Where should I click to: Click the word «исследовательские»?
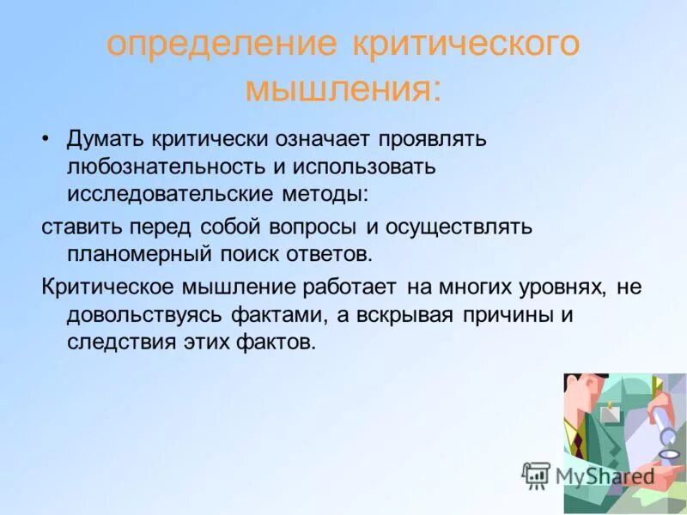coord(167,194)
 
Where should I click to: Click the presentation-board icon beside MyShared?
coord(536,476)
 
